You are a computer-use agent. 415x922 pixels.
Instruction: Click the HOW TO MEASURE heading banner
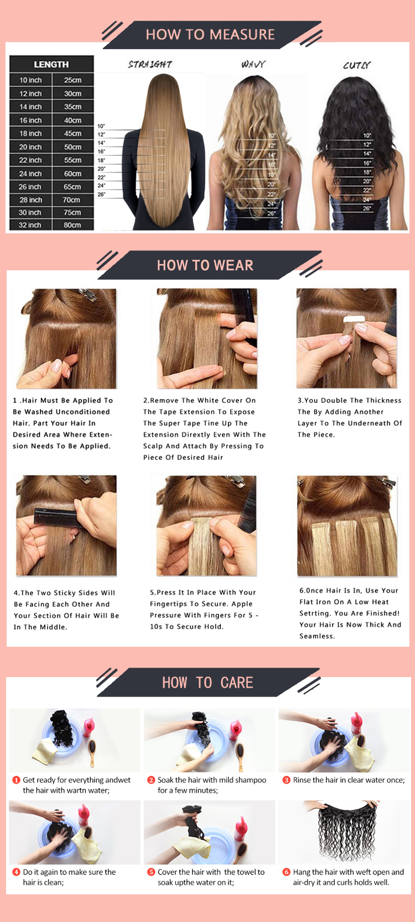click(x=210, y=35)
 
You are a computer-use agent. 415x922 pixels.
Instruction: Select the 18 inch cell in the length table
click(x=31, y=133)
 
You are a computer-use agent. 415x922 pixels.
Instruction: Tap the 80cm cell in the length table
click(x=72, y=225)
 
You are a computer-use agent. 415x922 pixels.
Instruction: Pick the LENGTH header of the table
click(x=51, y=64)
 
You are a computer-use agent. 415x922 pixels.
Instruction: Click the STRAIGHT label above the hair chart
click(x=150, y=64)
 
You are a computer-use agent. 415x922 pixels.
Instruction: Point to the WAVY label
click(x=253, y=64)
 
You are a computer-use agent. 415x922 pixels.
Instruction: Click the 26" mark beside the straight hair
click(x=101, y=194)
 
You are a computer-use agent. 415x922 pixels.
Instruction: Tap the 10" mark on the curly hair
click(x=367, y=135)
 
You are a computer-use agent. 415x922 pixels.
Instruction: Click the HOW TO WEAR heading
click(x=205, y=265)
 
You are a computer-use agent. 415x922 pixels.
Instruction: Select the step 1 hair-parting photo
click(x=66, y=338)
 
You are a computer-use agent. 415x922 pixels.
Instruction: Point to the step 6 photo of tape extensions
click(x=347, y=526)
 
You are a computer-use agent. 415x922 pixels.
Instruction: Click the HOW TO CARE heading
click(x=207, y=683)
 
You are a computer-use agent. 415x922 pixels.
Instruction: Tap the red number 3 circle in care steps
click(x=286, y=780)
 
